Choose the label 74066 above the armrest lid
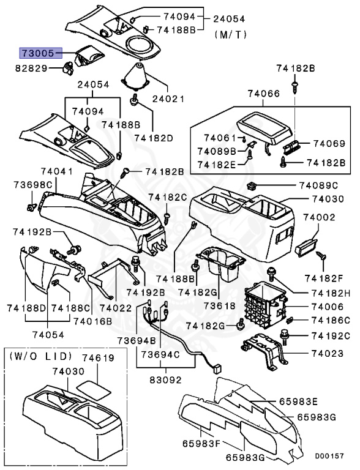point(264,94)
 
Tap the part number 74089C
point(319,185)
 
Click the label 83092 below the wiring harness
point(167,379)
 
